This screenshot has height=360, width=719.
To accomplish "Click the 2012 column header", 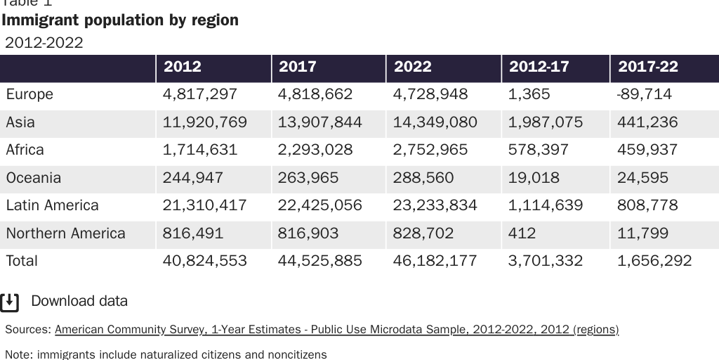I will click(182, 67).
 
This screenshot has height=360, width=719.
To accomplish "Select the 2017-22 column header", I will click(647, 67).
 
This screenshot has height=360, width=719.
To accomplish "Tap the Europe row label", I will click(29, 94).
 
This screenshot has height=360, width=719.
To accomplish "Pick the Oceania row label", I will click(33, 178).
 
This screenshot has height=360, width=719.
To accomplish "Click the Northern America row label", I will click(65, 233).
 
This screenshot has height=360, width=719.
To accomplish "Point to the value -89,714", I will click(644, 94).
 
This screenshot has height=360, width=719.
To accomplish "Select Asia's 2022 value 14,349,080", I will click(435, 122).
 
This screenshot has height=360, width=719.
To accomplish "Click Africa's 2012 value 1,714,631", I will click(200, 150).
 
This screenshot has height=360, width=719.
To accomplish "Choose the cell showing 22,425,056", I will click(319, 205).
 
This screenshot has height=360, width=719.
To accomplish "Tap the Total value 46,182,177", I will click(435, 261).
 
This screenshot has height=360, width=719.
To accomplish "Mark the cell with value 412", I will click(522, 233).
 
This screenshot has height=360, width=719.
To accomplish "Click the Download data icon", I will click(10, 302).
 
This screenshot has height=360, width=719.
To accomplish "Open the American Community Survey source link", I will click(336, 329).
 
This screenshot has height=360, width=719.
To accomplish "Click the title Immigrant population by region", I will click(120, 20).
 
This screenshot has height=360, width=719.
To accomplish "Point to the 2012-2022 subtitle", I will click(44, 42).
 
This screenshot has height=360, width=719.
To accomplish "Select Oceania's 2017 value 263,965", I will click(308, 178).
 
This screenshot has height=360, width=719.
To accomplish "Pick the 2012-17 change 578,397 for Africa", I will click(539, 150).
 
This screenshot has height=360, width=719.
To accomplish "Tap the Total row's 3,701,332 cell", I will click(546, 261).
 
